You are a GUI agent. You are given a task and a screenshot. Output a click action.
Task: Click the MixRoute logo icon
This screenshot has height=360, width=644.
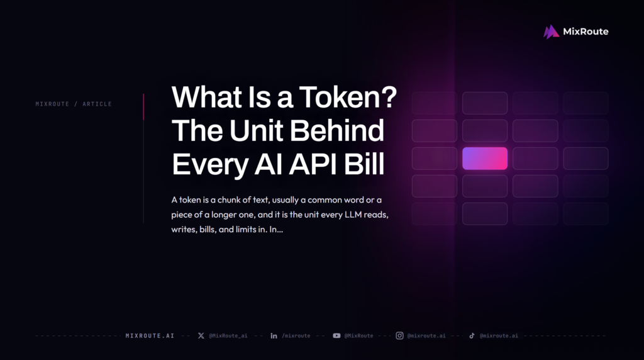pyautogui.click(x=551, y=31)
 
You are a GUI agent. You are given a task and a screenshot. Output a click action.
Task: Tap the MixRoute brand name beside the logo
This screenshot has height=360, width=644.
pyautogui.click(x=586, y=31)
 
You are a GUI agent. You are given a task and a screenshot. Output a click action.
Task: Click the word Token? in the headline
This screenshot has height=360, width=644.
pyautogui.click(x=348, y=98)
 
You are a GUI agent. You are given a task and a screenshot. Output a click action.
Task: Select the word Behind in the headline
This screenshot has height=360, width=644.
pyautogui.click(x=337, y=131)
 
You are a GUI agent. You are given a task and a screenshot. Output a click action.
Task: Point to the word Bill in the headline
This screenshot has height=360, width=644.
pyautogui.click(x=364, y=164)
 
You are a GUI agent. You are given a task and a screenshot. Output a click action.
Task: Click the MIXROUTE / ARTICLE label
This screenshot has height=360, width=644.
pyautogui.click(x=74, y=104)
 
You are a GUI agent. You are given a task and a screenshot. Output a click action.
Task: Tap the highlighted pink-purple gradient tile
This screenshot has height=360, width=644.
pyautogui.click(x=485, y=158)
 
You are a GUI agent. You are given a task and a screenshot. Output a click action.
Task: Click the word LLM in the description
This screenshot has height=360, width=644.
pyautogui.click(x=353, y=215)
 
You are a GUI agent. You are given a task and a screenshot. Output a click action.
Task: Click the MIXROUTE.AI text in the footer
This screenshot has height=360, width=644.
pyautogui.click(x=150, y=335)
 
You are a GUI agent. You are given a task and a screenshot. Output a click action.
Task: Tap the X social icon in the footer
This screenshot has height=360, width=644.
pyautogui.click(x=201, y=335)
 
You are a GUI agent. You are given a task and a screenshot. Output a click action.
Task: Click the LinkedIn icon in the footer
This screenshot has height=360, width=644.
pyautogui.click(x=274, y=335)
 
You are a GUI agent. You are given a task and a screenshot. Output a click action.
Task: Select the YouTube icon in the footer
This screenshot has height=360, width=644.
pyautogui.click(x=336, y=335)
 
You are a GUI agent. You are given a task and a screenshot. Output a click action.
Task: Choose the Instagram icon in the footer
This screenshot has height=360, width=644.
pyautogui.click(x=399, y=335)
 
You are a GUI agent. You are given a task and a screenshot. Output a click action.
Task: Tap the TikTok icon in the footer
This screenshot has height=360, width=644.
pyautogui.click(x=472, y=335)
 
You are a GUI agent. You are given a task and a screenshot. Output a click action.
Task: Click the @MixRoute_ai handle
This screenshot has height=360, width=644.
pyautogui.click(x=228, y=335)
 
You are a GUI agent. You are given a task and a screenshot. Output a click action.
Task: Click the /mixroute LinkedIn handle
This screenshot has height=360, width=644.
pyautogui.click(x=296, y=335)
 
